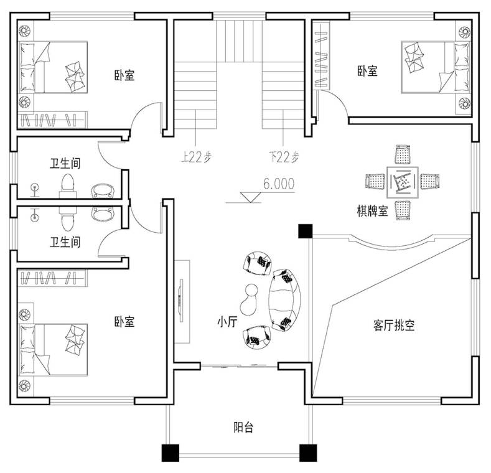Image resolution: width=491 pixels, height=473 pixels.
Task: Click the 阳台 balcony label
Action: [x=243, y=428]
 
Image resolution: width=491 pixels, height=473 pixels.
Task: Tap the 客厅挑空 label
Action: [x=394, y=325]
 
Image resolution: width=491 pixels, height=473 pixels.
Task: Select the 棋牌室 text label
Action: [x=372, y=211]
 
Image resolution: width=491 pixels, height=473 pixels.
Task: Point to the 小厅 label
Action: [x=228, y=322]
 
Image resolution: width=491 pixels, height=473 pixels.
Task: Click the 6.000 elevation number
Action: [x=279, y=184]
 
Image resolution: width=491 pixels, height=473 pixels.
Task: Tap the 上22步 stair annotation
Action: [x=196, y=157]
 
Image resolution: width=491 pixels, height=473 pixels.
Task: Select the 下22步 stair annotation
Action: [x=284, y=157]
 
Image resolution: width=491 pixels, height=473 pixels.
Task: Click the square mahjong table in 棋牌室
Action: [x=403, y=182]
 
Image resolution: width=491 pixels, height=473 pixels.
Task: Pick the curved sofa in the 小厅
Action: [x=285, y=300]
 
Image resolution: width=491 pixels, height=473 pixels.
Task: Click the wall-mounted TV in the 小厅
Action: [x=180, y=301]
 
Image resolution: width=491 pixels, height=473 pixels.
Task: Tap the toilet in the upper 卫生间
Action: [x=68, y=185]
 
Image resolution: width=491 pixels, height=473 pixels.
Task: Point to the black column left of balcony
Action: [x=171, y=453]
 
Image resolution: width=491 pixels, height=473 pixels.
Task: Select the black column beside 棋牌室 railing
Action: [x=306, y=231]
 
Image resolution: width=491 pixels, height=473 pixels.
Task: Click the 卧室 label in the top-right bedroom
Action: [x=367, y=71]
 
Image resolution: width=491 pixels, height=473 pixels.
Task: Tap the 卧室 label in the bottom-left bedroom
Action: [x=124, y=322]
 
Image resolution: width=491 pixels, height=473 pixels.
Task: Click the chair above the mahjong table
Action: [x=403, y=154]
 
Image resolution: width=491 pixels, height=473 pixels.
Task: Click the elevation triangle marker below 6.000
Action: [x=251, y=197]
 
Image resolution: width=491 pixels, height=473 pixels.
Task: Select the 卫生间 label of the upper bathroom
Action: [x=65, y=164]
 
